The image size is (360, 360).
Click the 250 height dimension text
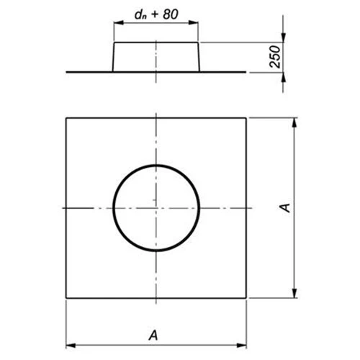click(274, 58)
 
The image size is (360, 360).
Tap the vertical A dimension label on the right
click(286, 207)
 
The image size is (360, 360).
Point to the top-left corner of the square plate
click(66, 117)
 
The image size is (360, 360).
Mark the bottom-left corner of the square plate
click(66, 298)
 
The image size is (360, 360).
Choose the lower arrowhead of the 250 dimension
click(283, 76)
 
